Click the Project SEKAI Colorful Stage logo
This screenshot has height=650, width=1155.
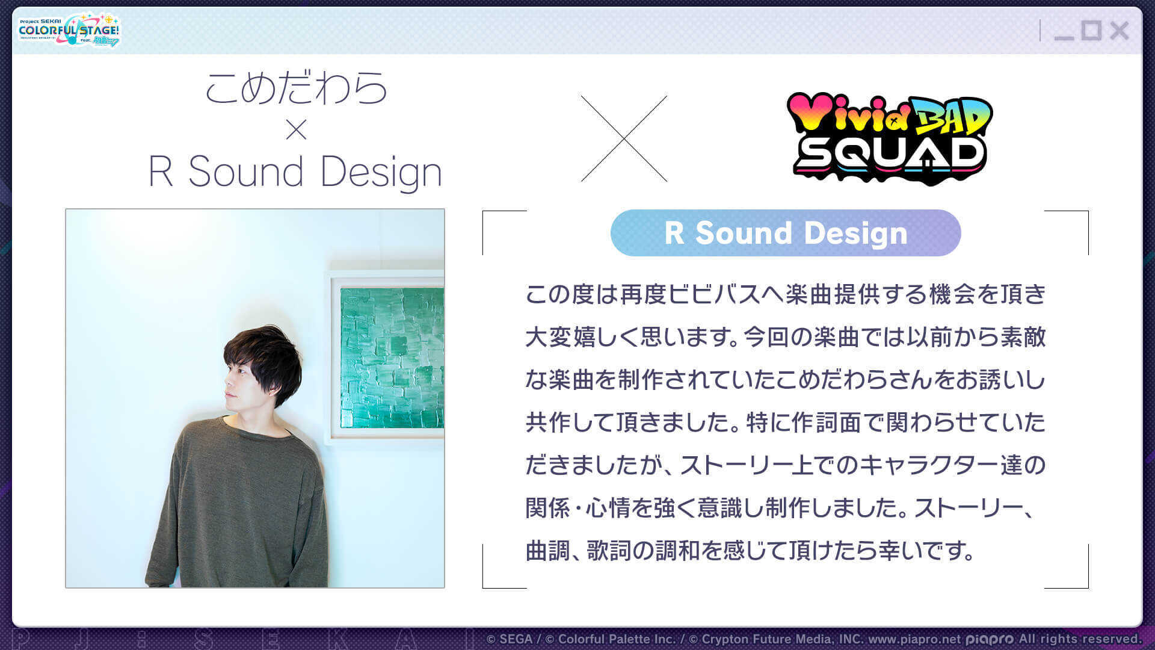(x=69, y=30)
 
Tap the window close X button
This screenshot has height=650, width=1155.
(x=1119, y=31)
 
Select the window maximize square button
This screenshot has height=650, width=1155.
(x=1091, y=30)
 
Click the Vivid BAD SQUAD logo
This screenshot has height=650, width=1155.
(x=890, y=139)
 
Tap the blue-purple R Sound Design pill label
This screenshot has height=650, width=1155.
(x=785, y=233)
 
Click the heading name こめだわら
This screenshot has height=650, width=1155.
(x=296, y=88)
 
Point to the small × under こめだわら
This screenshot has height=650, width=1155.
(x=296, y=129)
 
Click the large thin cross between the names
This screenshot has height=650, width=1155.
(x=624, y=138)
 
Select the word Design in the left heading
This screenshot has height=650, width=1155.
(x=381, y=172)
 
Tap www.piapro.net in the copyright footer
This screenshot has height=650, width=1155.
(x=914, y=639)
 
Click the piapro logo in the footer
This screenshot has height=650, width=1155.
(x=990, y=639)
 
